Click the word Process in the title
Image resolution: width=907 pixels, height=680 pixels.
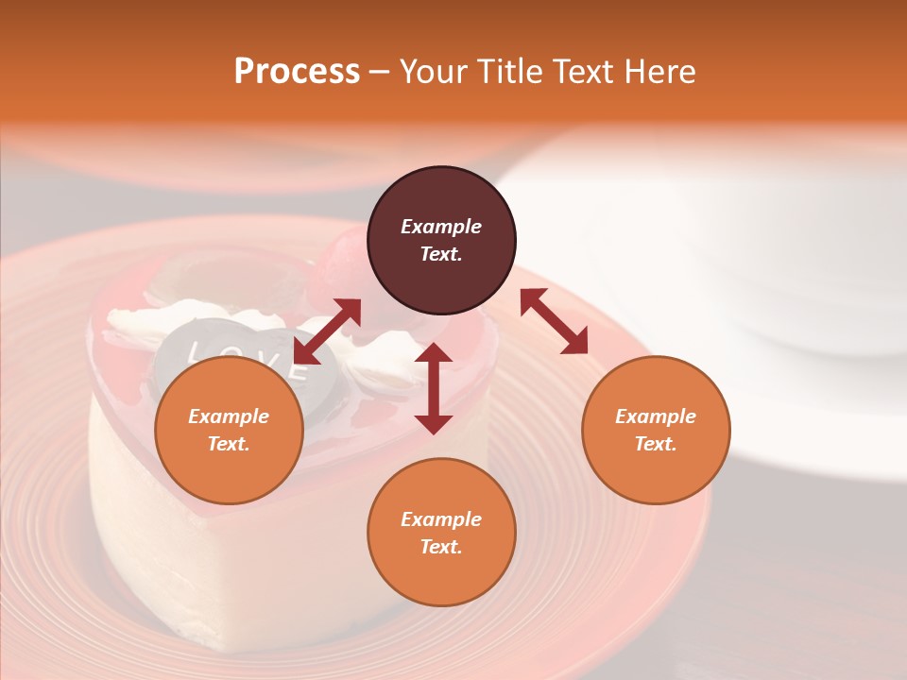(297, 72)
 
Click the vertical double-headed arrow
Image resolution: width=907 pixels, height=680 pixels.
(434, 388)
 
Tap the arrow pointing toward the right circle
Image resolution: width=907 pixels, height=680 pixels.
(554, 321)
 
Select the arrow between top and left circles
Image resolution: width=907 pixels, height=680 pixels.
(327, 331)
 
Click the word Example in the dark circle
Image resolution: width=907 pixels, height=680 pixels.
(441, 227)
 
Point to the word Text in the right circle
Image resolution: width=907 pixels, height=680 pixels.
(656, 444)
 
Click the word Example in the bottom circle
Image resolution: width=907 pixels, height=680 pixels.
(441, 519)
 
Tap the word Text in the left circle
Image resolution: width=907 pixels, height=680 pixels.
(229, 444)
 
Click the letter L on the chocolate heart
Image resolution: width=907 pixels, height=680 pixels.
(197, 352)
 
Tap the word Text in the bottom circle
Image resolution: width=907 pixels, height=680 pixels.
(441, 547)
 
